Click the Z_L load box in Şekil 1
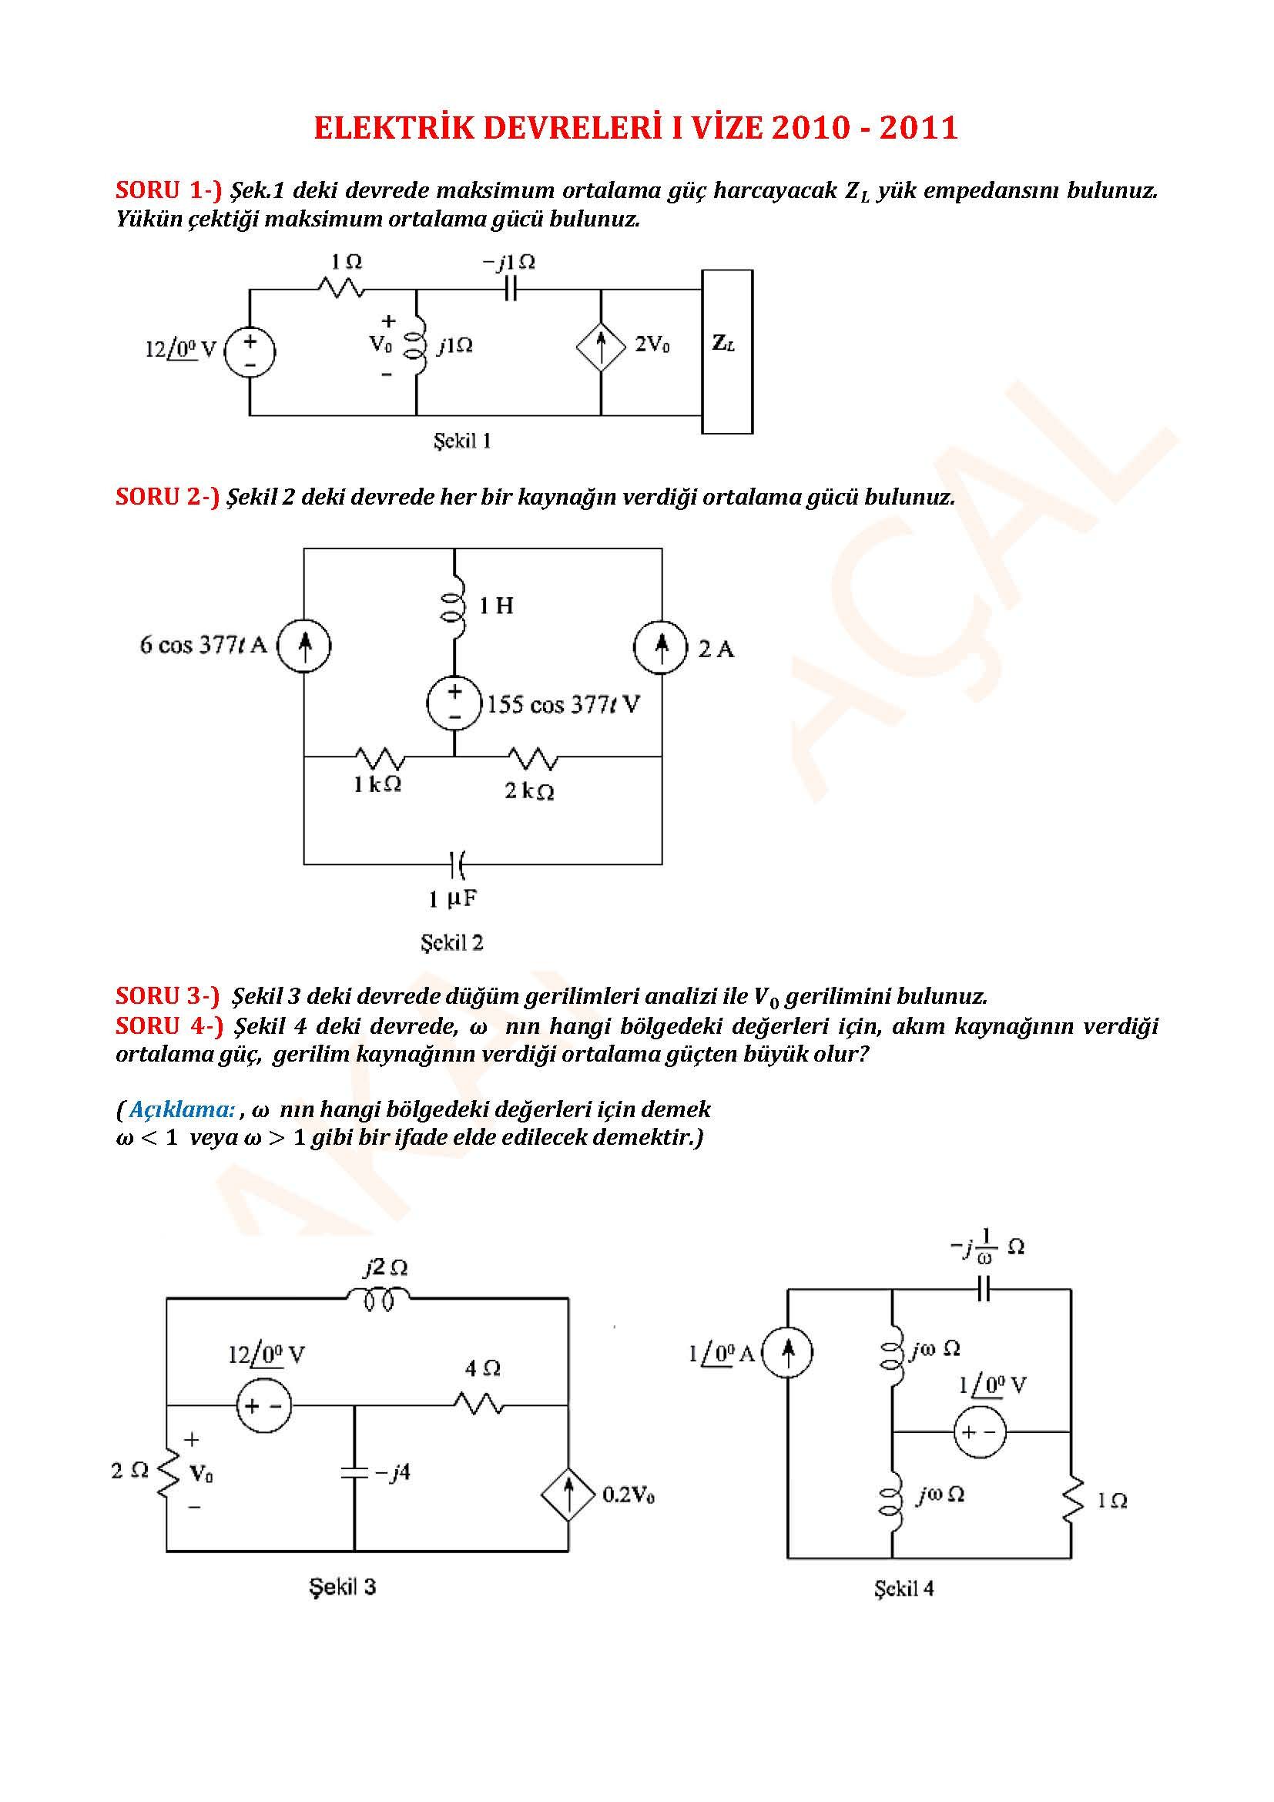pyautogui.click(x=726, y=351)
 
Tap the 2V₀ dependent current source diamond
pyautogui.click(x=601, y=347)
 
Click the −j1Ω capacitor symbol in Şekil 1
pyautogui.click(x=510, y=290)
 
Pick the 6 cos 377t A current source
pyautogui.click(x=304, y=646)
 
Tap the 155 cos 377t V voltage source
pyautogui.click(x=454, y=703)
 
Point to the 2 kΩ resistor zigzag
pyautogui.click(x=533, y=758)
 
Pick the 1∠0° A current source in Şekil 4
pyautogui.click(x=788, y=1351)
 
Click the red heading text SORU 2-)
pyautogui.click(x=167, y=497)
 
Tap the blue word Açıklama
pyautogui.click(x=181, y=1109)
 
